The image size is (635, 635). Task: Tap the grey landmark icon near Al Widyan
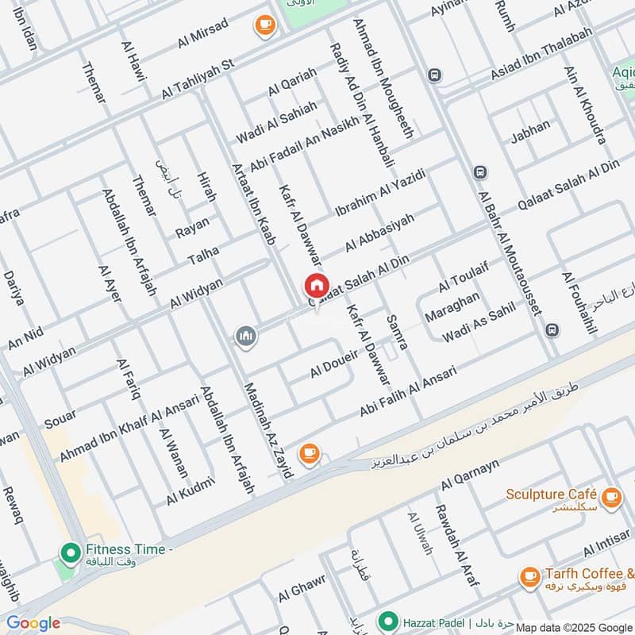[x=246, y=337]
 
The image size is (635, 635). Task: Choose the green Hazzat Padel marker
[x=388, y=620]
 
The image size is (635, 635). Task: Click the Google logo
[x=33, y=623]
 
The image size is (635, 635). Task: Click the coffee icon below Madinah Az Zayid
[x=308, y=453]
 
